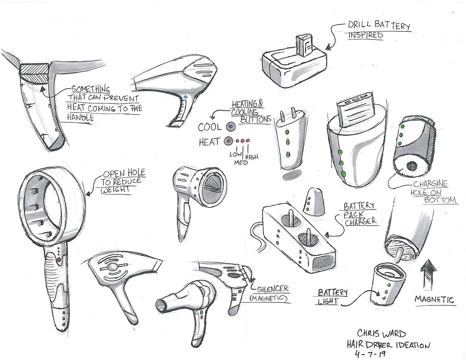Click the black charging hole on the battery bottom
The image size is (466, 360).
(411, 166)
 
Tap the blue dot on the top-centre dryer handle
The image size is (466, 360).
(185, 97)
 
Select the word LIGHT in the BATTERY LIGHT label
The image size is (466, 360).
(329, 301)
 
